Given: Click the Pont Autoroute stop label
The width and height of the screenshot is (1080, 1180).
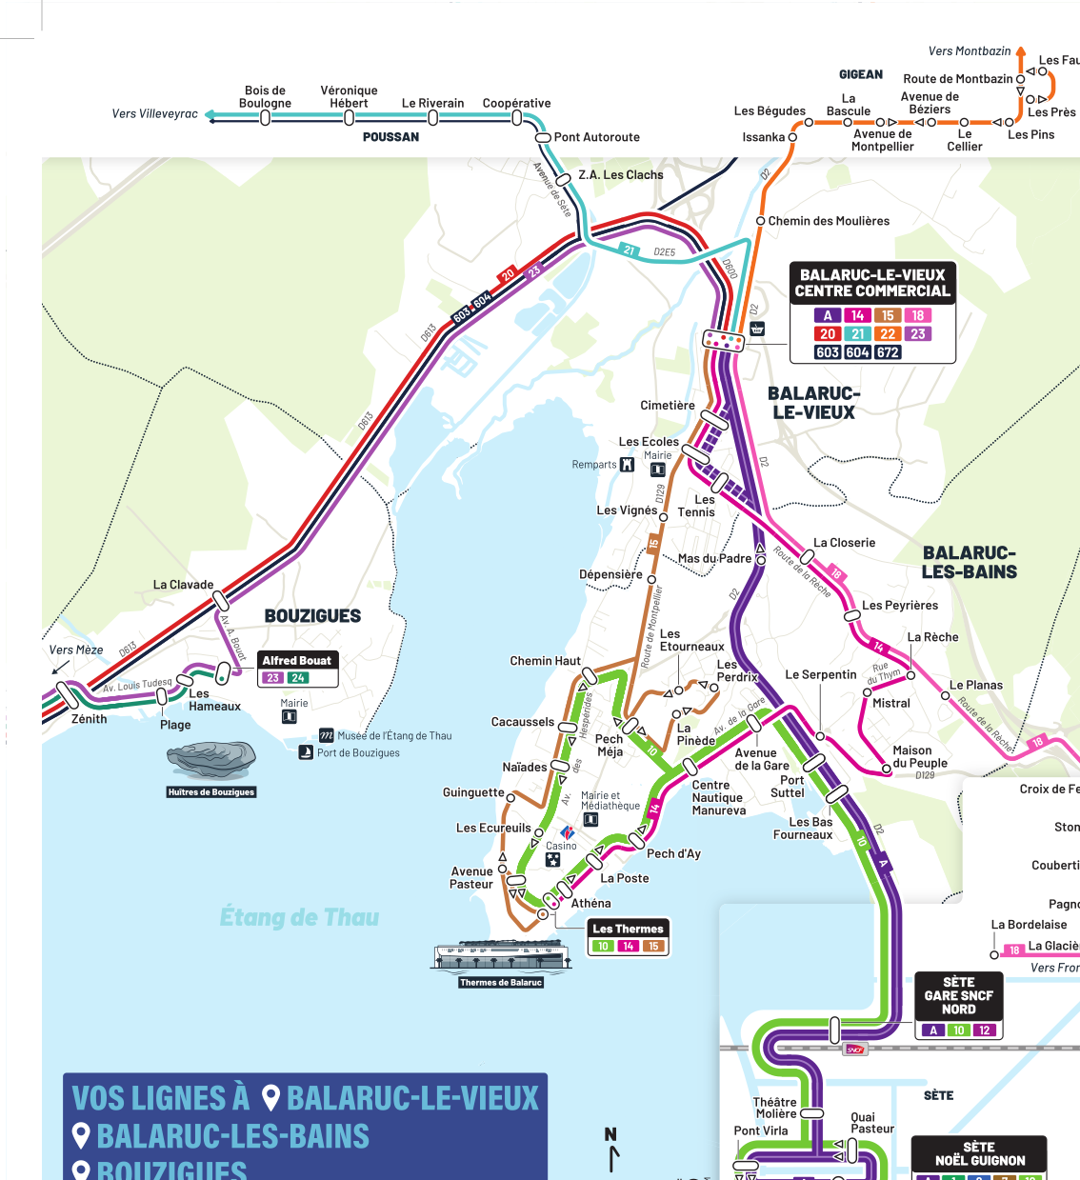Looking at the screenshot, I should tap(596, 137).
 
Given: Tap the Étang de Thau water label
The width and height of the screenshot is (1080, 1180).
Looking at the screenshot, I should tap(299, 917).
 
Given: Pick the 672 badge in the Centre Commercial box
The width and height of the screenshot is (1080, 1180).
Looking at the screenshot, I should tap(888, 352).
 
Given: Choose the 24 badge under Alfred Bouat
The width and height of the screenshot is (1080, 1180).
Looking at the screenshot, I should tap(298, 678).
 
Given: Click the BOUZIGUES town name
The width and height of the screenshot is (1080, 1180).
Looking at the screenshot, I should tap(312, 616).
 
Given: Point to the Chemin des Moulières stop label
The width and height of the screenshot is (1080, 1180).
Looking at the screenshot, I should tap(828, 221).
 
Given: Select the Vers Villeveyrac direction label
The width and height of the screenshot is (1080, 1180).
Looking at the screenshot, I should tap(154, 114).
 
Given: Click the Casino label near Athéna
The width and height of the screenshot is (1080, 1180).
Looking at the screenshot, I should tap(561, 846).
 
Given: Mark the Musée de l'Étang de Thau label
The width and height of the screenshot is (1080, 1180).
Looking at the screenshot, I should tap(394, 735).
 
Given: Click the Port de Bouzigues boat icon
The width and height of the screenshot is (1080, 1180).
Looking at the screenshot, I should tap(306, 752).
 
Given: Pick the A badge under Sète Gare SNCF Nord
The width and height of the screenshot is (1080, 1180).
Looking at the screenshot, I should tap(933, 1030).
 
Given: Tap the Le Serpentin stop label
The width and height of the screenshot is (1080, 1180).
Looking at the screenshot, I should tap(820, 674).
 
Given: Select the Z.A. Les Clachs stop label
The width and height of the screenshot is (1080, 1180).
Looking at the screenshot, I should tap(620, 175).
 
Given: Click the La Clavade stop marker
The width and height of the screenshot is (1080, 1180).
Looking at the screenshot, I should tap(220, 600).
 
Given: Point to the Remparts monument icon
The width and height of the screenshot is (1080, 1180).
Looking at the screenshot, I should tap(627, 465).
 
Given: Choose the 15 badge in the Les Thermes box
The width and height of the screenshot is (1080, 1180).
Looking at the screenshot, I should tap(652, 947).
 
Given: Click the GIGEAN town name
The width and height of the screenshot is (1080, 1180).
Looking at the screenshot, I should tap(860, 74).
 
